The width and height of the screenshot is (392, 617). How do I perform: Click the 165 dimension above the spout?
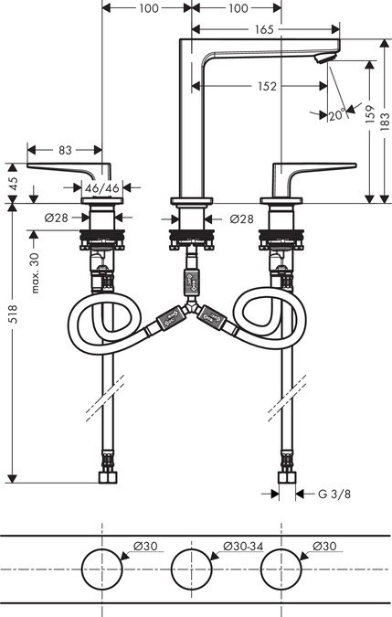[263, 30]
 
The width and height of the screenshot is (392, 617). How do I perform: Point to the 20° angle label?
[336, 115]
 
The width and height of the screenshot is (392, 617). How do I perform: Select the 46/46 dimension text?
[101, 188]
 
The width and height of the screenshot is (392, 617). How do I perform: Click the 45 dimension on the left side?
[12, 182]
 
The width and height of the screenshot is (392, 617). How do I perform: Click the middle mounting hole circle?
[193, 569]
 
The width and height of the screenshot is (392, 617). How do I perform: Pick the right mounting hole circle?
[282, 569]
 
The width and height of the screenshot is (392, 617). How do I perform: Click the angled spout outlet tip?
[321, 58]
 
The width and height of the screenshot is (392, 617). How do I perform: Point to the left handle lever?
[64, 168]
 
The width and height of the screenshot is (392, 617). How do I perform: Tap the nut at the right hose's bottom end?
[286, 477]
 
